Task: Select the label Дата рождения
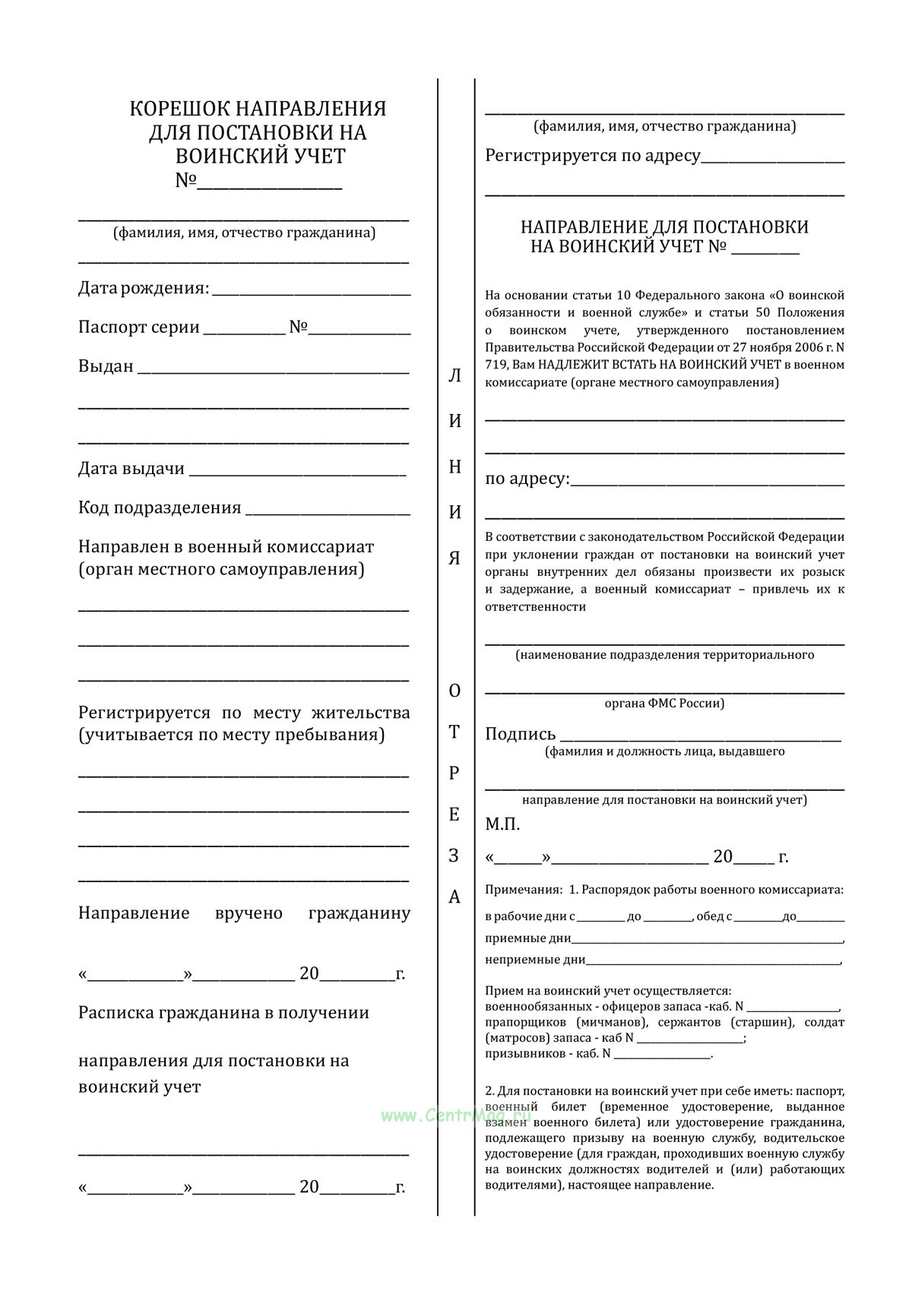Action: click(x=143, y=288)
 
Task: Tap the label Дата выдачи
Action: click(x=131, y=468)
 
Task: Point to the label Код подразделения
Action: click(x=160, y=508)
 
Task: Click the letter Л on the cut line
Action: click(x=454, y=376)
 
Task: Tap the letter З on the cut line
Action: click(x=454, y=856)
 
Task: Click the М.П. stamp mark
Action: click(x=502, y=824)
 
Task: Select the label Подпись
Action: click(x=521, y=734)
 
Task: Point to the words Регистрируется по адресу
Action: click(x=593, y=156)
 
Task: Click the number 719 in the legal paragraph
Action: click(x=495, y=365)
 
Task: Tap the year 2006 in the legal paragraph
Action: click(x=802, y=347)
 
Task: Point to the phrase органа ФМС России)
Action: click(x=664, y=704)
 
